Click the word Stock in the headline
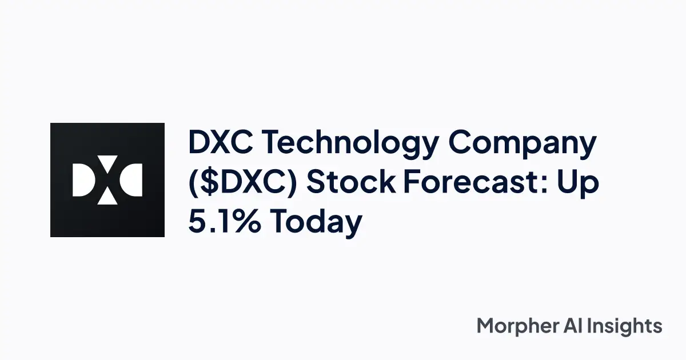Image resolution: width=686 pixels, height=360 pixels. coord(352,182)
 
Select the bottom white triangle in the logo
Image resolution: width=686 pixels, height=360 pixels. coord(107,198)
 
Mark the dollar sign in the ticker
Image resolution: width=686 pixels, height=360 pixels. coord(208,183)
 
